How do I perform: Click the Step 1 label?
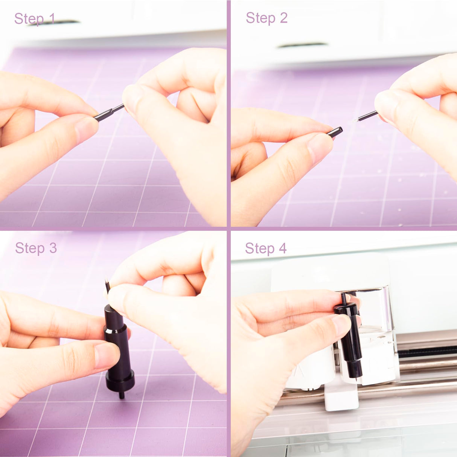pos(35,18)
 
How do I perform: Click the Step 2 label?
pos(267,18)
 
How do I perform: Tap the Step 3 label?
pos(36,248)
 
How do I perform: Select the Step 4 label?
pos(266,248)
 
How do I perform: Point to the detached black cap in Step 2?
pos(335,133)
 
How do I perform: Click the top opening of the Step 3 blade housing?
pos(111,309)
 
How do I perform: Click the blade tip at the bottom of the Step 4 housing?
pos(356,379)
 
